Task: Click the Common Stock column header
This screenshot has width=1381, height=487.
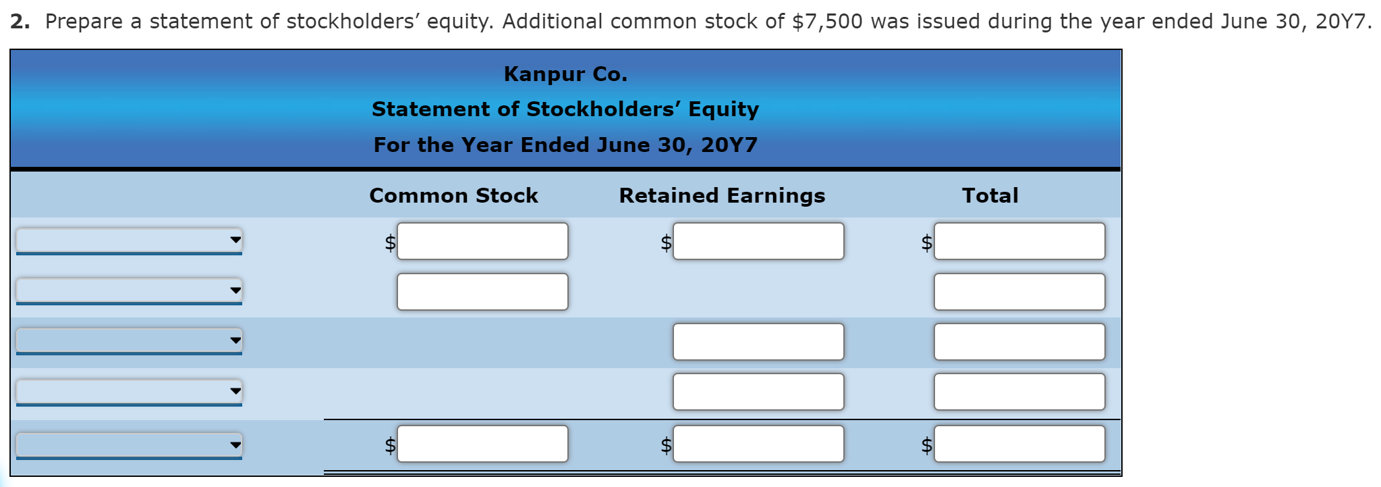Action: pyautogui.click(x=453, y=195)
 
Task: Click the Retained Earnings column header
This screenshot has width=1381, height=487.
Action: pyautogui.click(x=722, y=195)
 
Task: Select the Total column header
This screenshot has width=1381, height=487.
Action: pyautogui.click(x=990, y=195)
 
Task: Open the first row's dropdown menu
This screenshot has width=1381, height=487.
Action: pyautogui.click(x=129, y=240)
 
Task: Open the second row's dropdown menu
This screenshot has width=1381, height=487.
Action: pyautogui.click(x=129, y=290)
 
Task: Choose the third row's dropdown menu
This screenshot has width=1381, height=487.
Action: pyautogui.click(x=129, y=340)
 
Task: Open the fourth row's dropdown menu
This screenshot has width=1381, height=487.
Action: pyautogui.click(x=129, y=391)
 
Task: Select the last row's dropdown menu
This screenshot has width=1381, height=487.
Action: pyautogui.click(x=129, y=444)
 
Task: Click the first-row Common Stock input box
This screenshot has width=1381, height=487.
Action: pyautogui.click(x=482, y=241)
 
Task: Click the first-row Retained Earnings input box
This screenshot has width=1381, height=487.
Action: pyautogui.click(x=758, y=241)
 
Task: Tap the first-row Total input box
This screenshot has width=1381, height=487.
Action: pyautogui.click(x=1019, y=241)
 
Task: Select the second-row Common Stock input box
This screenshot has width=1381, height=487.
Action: pyautogui.click(x=482, y=292)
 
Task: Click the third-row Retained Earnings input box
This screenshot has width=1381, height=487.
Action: pyautogui.click(x=758, y=342)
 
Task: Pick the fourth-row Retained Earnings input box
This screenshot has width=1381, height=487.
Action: pyautogui.click(x=758, y=392)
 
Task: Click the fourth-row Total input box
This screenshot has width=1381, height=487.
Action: pyautogui.click(x=1019, y=392)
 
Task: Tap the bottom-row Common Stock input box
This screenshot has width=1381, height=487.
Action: pyautogui.click(x=482, y=444)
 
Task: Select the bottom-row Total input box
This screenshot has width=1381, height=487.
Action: pyautogui.click(x=1019, y=444)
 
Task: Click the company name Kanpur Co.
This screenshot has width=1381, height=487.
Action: pyautogui.click(x=565, y=74)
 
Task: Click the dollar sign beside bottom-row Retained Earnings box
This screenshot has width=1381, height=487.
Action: pyautogui.click(x=666, y=445)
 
